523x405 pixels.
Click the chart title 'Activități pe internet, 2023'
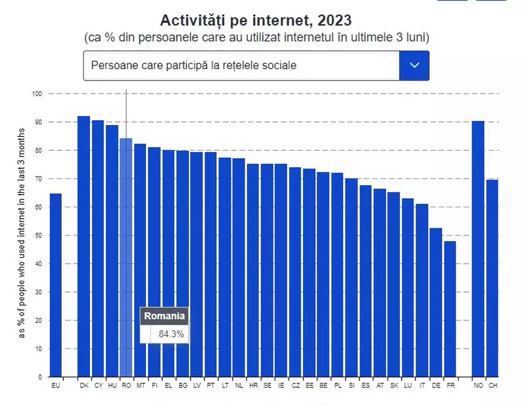click(255, 20)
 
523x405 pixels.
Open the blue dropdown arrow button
click(414, 65)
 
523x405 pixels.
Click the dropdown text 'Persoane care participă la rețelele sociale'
click(194, 65)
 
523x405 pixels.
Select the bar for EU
click(55, 285)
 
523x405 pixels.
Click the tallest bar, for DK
click(84, 246)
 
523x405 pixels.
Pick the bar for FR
click(450, 309)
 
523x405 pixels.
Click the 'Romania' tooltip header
click(165, 316)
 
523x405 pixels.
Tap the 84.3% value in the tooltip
click(171, 334)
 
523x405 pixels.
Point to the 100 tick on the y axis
click(37, 94)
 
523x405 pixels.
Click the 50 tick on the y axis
click(39, 236)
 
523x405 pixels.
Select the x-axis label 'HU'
click(112, 386)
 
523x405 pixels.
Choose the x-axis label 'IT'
click(422, 386)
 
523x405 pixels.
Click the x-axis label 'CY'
click(97, 386)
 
